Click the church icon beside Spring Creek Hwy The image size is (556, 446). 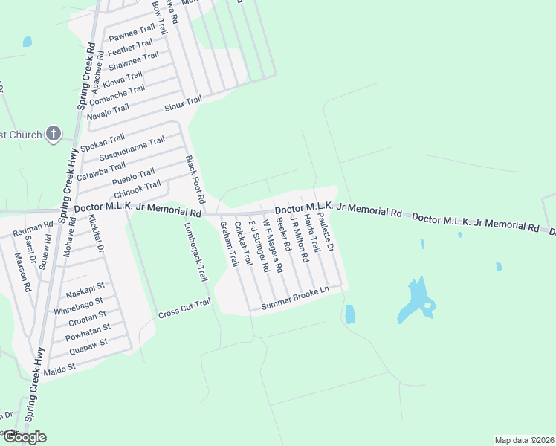tap(53, 134)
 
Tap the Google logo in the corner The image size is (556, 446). tap(25, 437)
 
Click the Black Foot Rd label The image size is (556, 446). tap(194, 181)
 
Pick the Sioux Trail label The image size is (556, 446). tap(183, 101)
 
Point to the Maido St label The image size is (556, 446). tap(62, 367)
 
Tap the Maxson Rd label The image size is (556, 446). tap(23, 271)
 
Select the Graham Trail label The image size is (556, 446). tap(227, 247)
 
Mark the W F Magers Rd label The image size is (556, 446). tap(273, 246)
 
